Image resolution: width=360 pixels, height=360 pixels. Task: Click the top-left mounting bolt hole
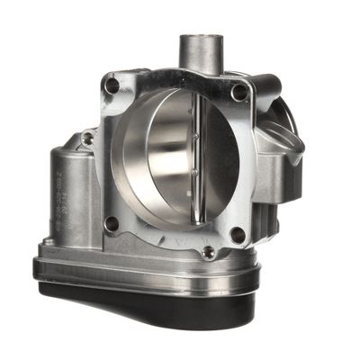coord(112,86)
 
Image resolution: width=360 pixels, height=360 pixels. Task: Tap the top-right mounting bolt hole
coord(238,92)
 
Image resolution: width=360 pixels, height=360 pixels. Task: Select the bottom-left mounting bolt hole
coord(111,222)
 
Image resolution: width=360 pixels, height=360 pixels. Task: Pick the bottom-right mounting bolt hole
coord(237,236)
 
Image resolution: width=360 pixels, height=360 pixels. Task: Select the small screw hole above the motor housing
coord(87,139)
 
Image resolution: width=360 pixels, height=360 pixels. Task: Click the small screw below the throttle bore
coord(209,251)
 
